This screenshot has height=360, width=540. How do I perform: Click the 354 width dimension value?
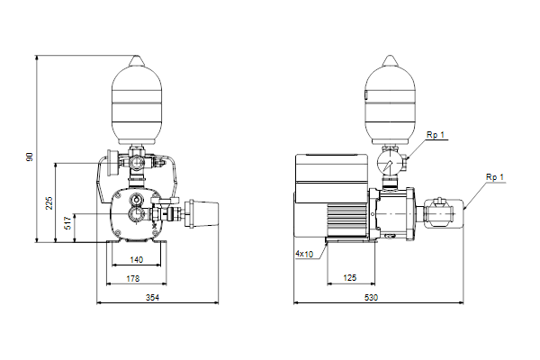tap(152, 297)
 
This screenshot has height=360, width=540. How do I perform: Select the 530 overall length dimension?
tap(371, 297)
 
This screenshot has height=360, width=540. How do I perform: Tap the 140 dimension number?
tap(137, 260)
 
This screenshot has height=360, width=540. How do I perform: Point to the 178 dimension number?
tap(133, 278)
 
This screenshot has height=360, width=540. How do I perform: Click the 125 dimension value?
tap(350, 278)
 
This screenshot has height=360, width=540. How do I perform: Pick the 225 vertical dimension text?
tap(49, 203)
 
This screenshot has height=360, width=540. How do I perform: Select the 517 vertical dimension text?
tap(67, 223)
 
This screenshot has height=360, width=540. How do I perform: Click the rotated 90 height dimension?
tap(30, 157)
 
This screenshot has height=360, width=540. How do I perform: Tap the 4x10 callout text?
tap(304, 254)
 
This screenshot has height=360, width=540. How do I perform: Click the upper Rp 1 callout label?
tap(436, 135)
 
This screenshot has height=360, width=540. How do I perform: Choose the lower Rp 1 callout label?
tap(495, 177)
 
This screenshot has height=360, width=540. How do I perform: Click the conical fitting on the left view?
tap(202, 214)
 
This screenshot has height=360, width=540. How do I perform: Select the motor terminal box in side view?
tap(332, 178)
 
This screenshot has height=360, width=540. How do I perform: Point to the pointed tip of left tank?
tap(137, 56)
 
